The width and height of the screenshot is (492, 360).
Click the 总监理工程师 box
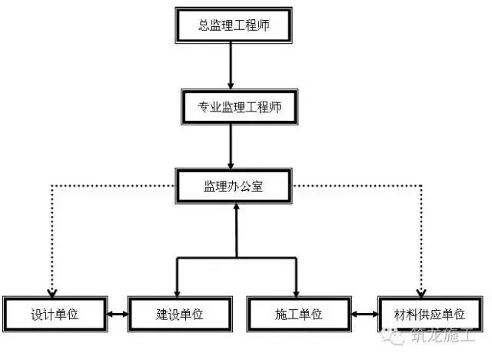coord(234,25)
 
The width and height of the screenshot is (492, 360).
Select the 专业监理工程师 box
coord(239,107)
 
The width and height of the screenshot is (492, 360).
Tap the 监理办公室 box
coord(234,186)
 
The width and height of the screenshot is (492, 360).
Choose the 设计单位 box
coord(55,314)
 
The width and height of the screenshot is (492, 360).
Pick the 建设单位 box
coord(180,314)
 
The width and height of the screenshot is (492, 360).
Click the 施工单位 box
coord(299,314)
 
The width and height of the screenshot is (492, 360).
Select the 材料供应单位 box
coord(430,314)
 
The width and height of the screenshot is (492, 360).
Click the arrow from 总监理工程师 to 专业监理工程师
coord(231,66)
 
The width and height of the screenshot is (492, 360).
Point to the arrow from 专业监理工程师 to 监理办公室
coord(231,147)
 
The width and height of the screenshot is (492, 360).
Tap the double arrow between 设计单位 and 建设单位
coord(118,314)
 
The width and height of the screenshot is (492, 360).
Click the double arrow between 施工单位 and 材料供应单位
coord(364,314)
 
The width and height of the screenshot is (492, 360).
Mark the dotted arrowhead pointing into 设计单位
coord(52,293)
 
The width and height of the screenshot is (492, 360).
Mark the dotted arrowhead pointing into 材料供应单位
coord(421,293)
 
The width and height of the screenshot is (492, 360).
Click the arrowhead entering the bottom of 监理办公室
coord(237,207)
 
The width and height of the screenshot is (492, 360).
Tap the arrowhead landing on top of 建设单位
coord(178,293)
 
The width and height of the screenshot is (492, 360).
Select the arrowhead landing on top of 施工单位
coord(296,293)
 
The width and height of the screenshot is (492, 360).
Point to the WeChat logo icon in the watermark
coord(393,336)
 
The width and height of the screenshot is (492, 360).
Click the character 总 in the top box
coord(204,25)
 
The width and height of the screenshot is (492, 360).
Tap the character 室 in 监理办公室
coord(257,186)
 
